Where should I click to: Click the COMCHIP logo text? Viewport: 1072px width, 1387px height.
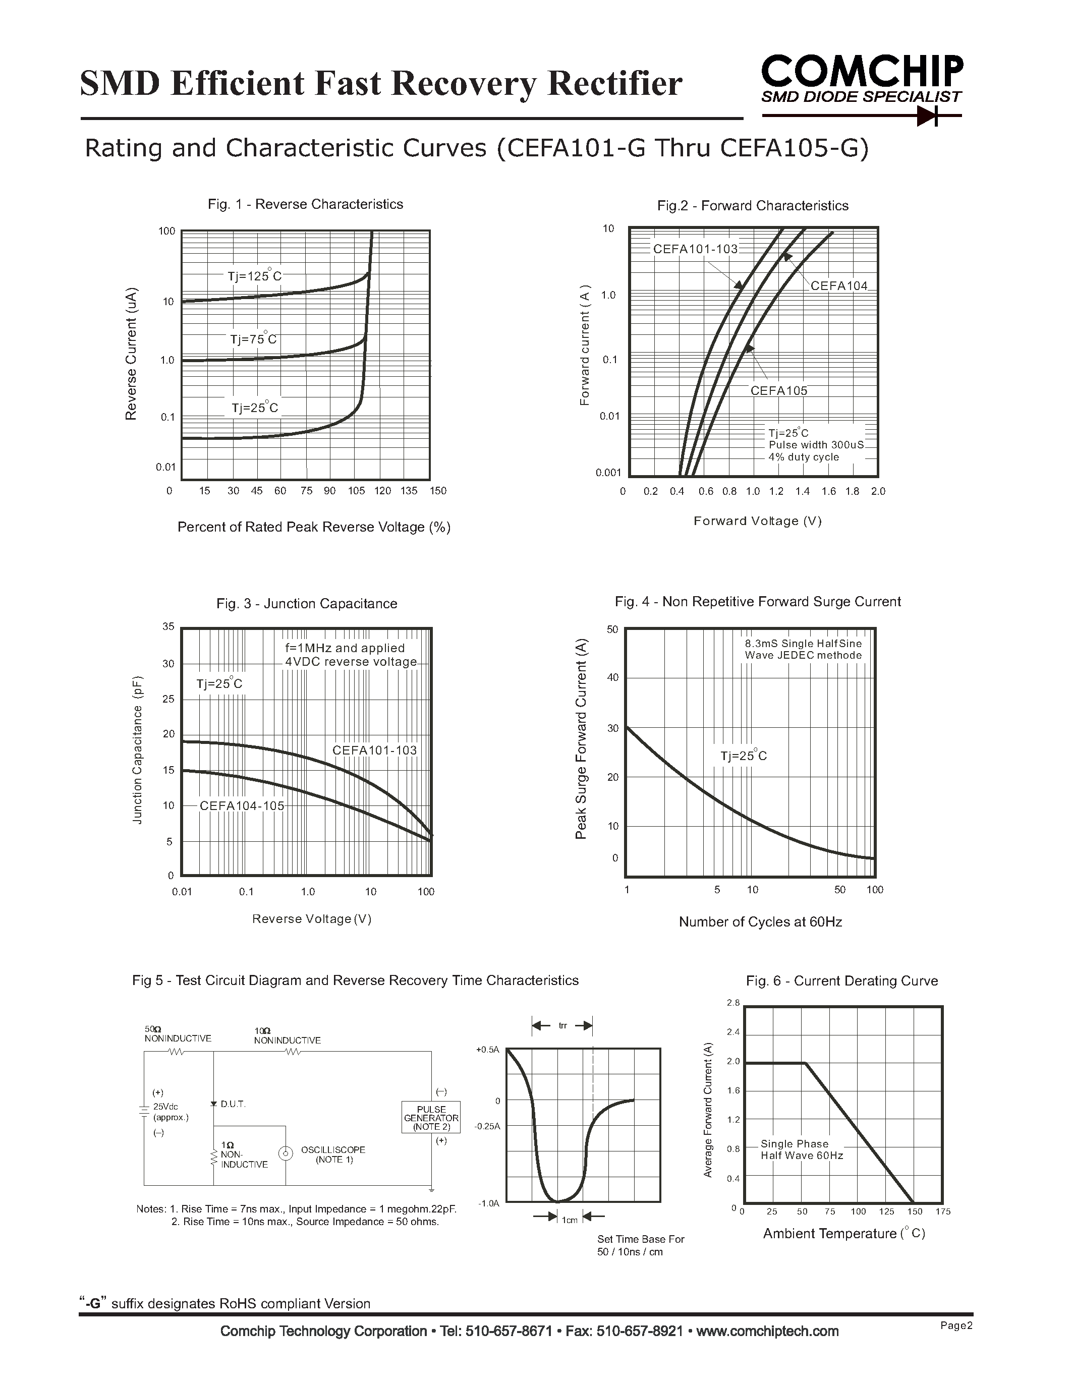tap(862, 71)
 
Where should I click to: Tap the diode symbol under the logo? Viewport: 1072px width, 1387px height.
tap(928, 116)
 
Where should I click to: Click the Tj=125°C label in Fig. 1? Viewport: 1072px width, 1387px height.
tap(254, 276)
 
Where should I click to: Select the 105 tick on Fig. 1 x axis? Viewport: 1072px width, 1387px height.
tap(356, 491)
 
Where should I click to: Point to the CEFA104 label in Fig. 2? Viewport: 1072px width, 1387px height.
tap(838, 286)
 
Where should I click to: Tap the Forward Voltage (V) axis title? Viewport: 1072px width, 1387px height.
tap(758, 522)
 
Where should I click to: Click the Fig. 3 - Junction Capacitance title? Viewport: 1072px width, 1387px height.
tap(307, 604)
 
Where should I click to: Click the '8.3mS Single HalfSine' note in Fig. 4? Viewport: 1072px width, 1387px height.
tap(803, 644)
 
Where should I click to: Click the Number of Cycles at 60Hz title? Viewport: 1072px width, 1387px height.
tap(760, 922)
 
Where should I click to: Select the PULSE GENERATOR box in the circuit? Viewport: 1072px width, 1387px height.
tap(431, 1118)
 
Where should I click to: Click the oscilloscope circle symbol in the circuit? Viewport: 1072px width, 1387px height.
tap(287, 1154)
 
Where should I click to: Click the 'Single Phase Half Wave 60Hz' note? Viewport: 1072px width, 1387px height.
tap(802, 1149)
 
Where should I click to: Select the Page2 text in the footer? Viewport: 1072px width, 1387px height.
tap(956, 1326)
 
